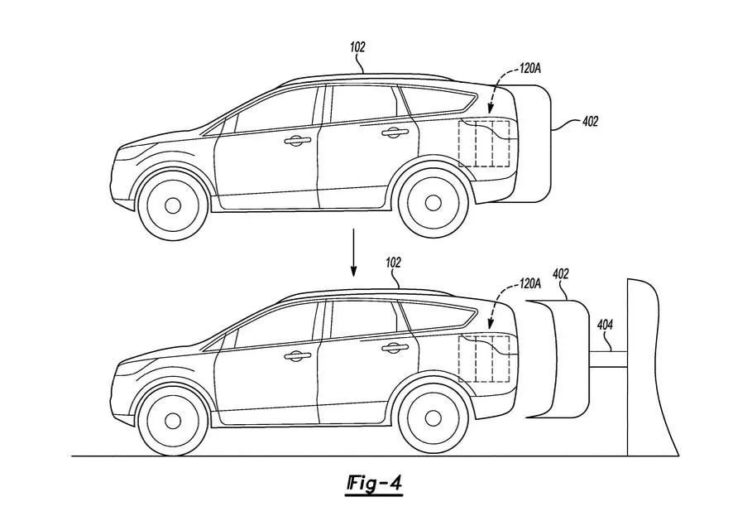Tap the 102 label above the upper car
coord(357,48)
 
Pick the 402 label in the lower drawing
coord(560,273)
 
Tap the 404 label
coord(605,326)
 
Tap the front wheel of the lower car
coord(172,420)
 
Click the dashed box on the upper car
coord(484,143)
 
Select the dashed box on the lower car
coord(484,359)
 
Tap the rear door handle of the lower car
coord(395,347)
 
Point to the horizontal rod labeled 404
coord(607,358)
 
